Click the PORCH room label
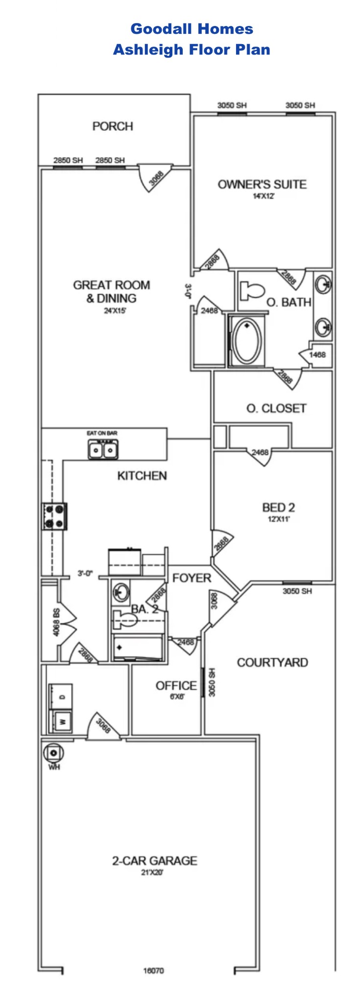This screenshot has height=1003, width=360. click(x=113, y=126)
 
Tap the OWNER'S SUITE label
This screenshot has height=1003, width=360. click(x=262, y=185)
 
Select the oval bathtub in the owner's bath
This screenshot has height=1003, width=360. click(x=246, y=341)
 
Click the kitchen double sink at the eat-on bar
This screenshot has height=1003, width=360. click(x=103, y=450)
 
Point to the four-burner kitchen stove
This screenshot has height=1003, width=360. click(x=54, y=516)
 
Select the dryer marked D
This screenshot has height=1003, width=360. click(x=61, y=696)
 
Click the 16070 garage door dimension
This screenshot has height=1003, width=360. click(x=153, y=970)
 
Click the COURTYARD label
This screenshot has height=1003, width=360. click(x=272, y=663)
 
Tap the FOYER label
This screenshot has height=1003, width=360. click(x=192, y=578)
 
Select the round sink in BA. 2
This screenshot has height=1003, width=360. click(x=120, y=592)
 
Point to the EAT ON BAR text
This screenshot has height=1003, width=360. click(x=102, y=433)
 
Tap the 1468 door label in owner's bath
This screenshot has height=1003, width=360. click(x=317, y=355)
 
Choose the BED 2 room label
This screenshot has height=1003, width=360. click(x=278, y=507)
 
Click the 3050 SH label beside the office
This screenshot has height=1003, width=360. click(x=212, y=682)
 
